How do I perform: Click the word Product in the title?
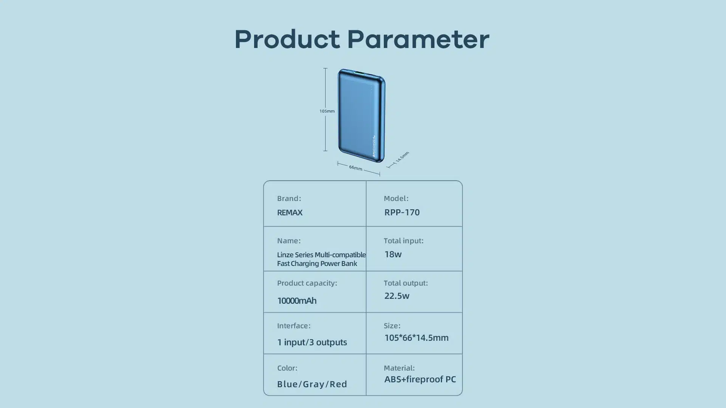287,39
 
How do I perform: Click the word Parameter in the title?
418,39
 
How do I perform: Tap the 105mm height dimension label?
327,111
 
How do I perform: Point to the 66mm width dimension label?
356,167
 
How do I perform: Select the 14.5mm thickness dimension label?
402,157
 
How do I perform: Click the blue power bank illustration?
361,116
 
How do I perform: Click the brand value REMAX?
290,212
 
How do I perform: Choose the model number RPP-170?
402,212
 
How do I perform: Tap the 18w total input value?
393,254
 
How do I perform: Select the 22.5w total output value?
397,296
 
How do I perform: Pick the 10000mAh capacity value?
297,301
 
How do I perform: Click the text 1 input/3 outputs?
312,342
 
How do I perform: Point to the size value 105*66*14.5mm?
416,338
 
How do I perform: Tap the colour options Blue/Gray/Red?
312,384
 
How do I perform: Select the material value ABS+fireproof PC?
420,379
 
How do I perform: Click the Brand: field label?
289,198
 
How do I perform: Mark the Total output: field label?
406,283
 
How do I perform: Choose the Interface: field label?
294,326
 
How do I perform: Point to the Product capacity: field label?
307,283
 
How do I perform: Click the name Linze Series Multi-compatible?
321,255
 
